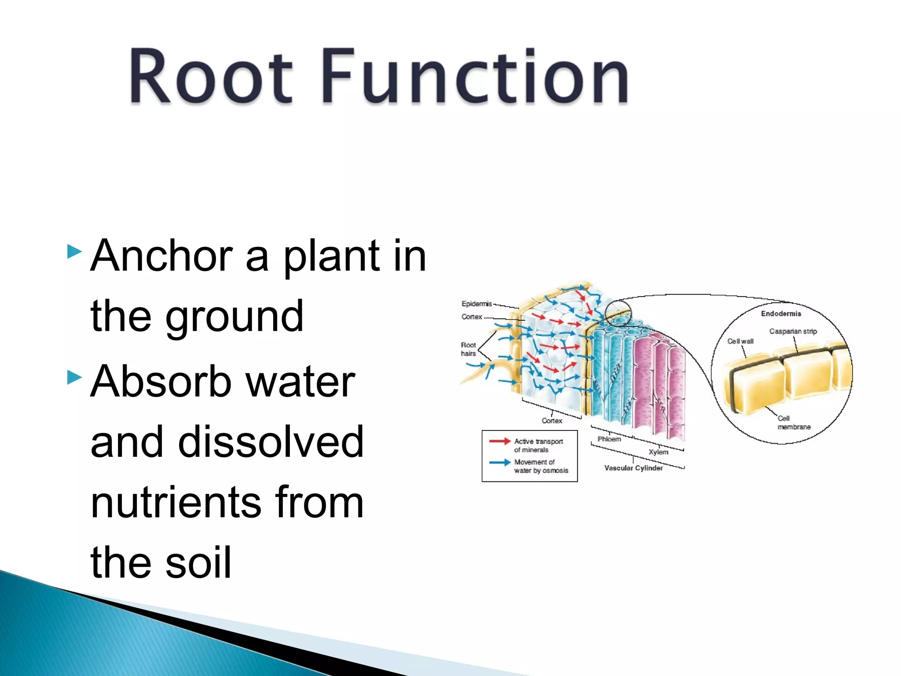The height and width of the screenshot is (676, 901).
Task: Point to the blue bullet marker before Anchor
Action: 74,252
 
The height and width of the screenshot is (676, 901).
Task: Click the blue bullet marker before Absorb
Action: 74,377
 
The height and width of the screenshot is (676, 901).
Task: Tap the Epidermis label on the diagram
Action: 476,304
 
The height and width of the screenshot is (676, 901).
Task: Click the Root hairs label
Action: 468,349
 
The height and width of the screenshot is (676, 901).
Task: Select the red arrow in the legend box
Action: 500,441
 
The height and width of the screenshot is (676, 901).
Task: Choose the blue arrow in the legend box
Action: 500,462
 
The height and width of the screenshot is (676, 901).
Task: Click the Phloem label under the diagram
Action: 609,439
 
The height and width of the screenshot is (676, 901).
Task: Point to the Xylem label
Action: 658,452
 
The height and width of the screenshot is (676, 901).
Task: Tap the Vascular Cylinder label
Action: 633,468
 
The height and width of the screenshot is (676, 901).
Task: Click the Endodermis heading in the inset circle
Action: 781,313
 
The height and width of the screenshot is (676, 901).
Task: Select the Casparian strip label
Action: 793,331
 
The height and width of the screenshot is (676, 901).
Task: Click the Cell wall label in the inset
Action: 740,341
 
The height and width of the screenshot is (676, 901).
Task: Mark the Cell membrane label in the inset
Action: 793,422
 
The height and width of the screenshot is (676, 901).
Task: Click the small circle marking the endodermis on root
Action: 618,313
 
